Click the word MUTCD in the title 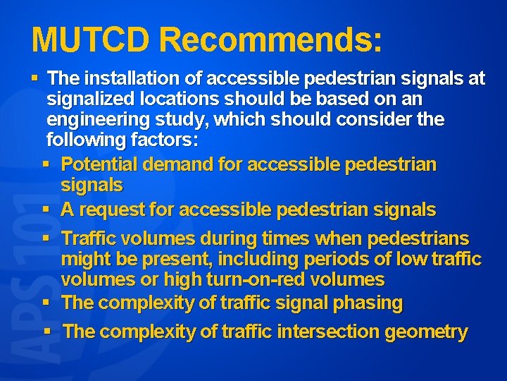[91, 40]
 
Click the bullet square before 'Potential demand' [46, 164]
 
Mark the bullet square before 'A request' [46, 210]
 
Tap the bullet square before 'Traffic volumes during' [46, 238]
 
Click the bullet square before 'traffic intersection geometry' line [47, 332]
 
